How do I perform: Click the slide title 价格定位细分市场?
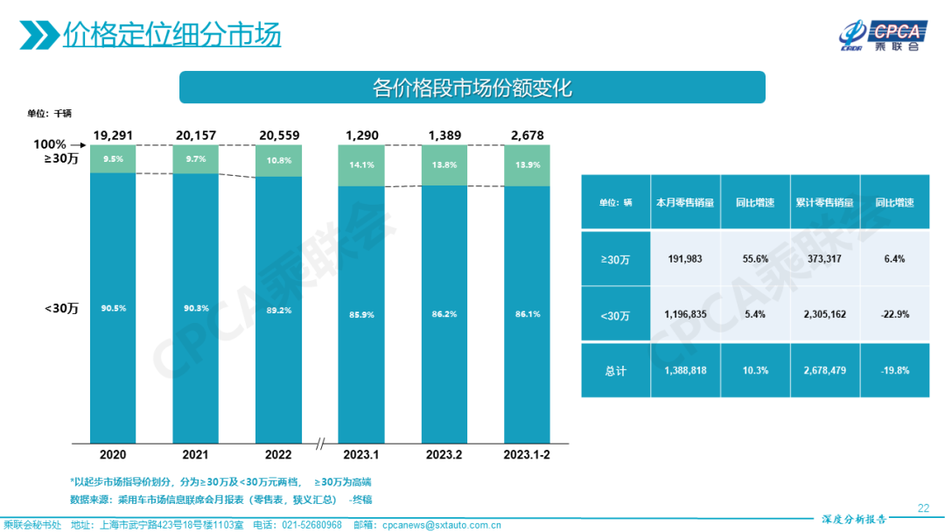click(171, 34)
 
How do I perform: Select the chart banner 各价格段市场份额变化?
click(472, 88)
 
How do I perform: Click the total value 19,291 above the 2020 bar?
click(113, 135)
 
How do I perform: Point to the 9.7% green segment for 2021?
click(195, 159)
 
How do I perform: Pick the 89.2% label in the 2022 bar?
click(278, 309)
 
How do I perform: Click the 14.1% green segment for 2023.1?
click(361, 164)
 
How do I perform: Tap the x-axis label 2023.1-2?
click(527, 455)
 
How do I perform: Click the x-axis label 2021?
click(195, 455)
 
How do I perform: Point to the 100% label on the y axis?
click(50, 144)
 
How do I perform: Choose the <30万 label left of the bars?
click(62, 308)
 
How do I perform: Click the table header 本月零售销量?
click(685, 202)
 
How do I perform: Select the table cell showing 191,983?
click(685, 258)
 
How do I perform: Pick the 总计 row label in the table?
click(616, 370)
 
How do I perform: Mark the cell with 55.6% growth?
click(754, 258)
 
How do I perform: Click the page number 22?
click(922, 507)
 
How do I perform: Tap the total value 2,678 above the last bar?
click(527, 135)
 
